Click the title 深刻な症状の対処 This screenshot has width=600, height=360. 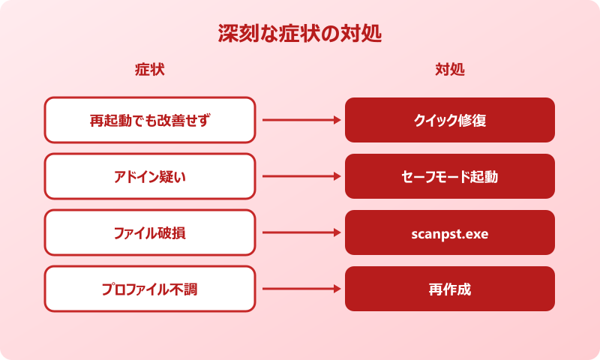[x=300, y=34]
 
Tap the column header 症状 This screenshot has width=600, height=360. [x=149, y=70]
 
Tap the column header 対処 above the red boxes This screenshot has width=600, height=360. [x=450, y=70]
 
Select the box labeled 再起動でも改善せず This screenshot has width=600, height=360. [x=150, y=120]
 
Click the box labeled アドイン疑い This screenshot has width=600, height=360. [x=150, y=176]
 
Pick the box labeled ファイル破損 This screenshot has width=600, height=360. [x=150, y=232]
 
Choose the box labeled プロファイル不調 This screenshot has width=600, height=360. [x=150, y=289]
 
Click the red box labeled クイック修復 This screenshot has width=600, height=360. [x=450, y=120]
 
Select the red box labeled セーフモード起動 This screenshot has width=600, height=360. [x=450, y=176]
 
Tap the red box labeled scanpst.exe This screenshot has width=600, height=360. [x=450, y=232]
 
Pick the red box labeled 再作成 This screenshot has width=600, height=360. [x=450, y=289]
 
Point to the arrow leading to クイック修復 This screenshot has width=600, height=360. [x=300, y=120]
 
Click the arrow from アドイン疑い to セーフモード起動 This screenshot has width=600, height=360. [x=300, y=176]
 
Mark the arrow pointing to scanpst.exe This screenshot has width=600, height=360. [x=300, y=232]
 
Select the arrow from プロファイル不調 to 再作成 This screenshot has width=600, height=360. [x=300, y=289]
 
